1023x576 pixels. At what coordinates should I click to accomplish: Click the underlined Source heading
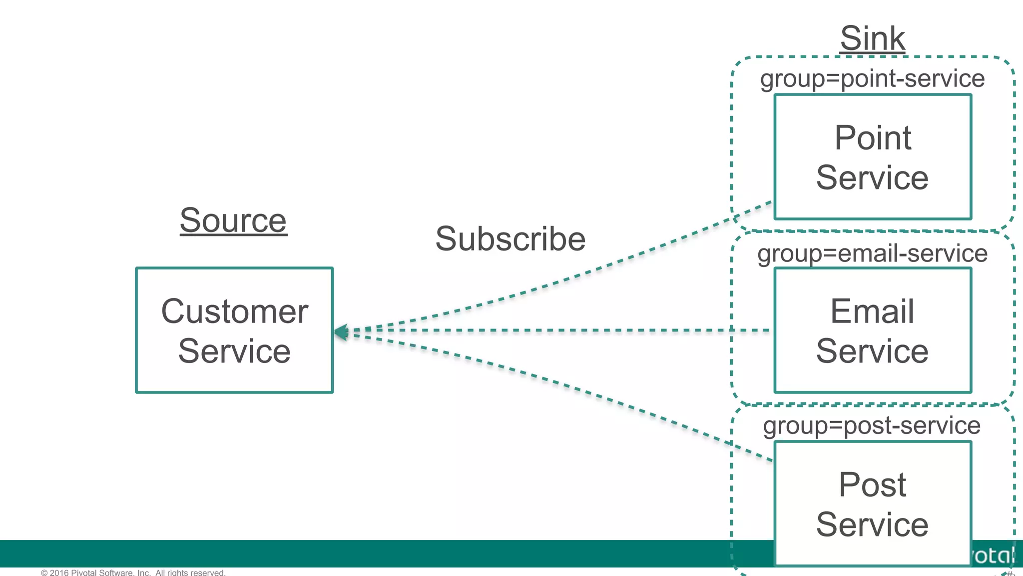coord(233,220)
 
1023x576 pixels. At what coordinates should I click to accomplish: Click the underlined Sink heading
coord(872,38)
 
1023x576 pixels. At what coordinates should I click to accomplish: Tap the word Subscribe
coord(510,239)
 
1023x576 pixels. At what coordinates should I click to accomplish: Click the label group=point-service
coord(872,79)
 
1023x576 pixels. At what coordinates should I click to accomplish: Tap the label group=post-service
coord(872,426)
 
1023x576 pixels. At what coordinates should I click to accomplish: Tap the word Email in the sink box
coord(872,311)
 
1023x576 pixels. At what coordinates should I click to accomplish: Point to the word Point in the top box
coord(873,138)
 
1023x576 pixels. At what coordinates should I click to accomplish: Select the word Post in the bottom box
coord(872,485)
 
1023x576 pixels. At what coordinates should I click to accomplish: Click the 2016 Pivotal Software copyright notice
coord(133,572)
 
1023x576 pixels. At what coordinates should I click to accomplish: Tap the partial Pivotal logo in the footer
coord(994,555)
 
